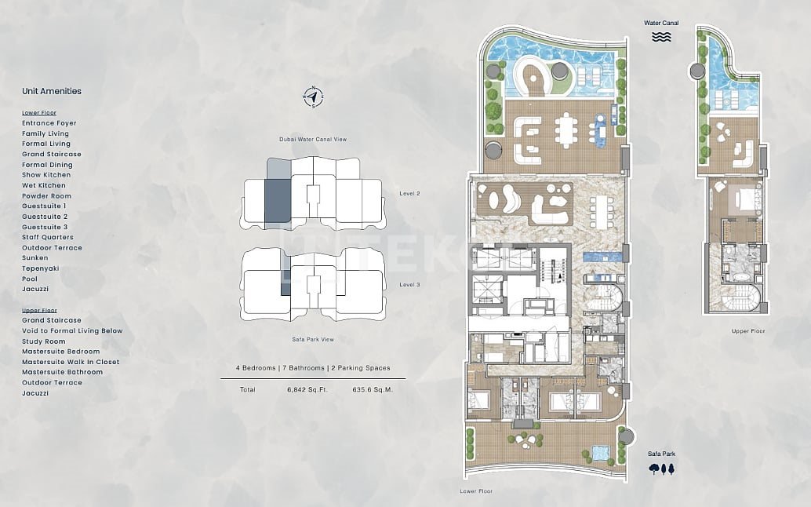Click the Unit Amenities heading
coord(52,91)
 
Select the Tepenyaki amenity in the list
coord(40,268)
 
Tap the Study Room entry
coord(43,341)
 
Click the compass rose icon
coord(313,97)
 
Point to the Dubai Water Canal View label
coord(313,139)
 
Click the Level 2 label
coord(409,194)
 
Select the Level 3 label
coord(409,285)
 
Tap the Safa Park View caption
coord(313,339)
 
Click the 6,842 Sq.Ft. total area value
coord(307,389)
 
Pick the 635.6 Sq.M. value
coord(373,389)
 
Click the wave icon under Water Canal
coord(661,36)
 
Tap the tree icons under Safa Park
coord(661,469)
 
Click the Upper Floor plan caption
coord(748,331)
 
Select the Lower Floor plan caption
coord(476,491)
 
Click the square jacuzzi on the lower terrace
coord(601,453)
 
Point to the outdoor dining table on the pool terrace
coord(566,130)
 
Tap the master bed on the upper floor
coord(744,199)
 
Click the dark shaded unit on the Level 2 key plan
coord(277,201)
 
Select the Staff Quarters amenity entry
coord(48,237)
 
